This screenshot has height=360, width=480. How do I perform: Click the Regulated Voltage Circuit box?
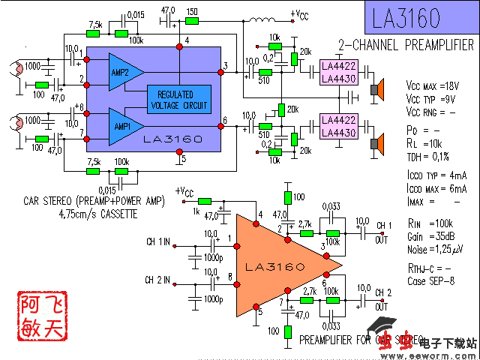(x=179, y=98)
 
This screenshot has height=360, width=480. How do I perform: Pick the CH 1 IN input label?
(x=157, y=242)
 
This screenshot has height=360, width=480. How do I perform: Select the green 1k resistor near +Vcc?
(x=205, y=201)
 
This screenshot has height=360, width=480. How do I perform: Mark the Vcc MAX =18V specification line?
(x=433, y=85)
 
